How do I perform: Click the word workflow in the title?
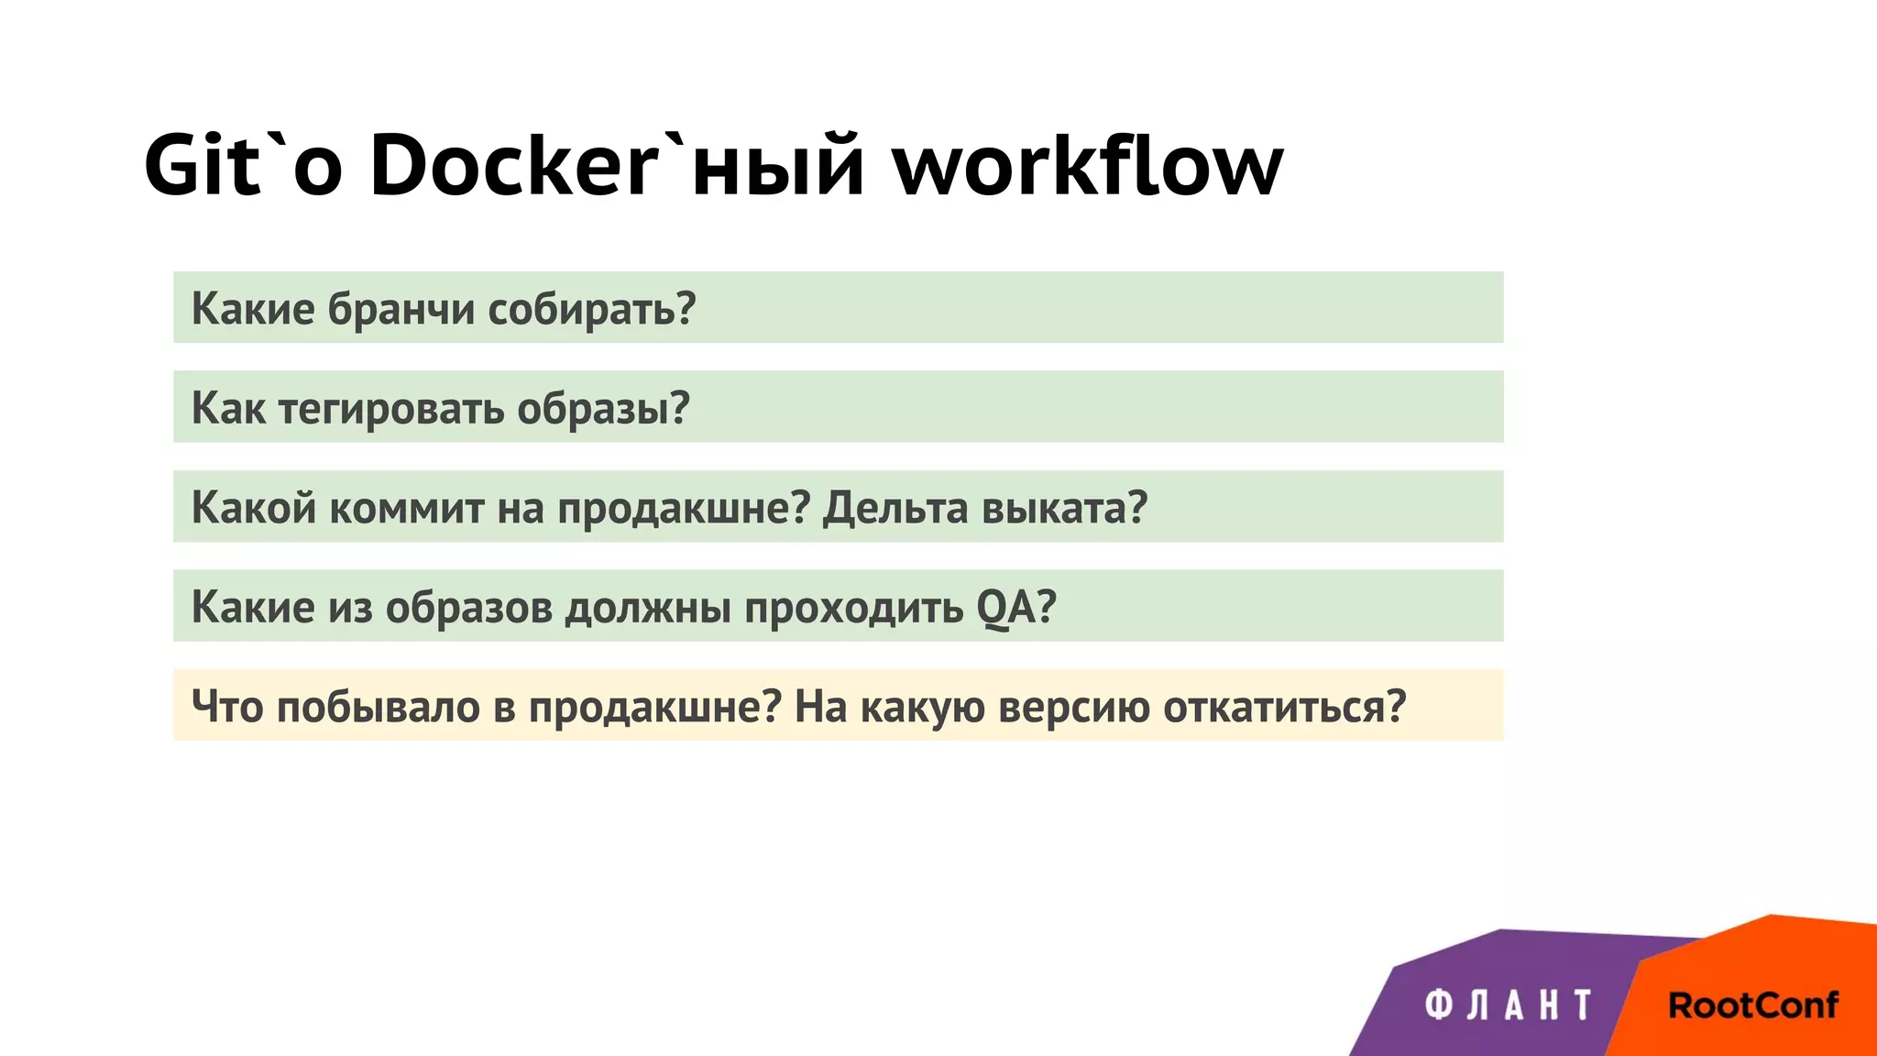point(1088,165)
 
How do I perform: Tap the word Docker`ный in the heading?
point(617,165)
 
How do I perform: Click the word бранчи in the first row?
point(401,309)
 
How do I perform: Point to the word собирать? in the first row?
point(591,309)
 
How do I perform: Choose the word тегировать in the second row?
point(390,409)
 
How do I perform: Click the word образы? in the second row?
point(603,409)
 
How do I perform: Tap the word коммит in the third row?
point(406,508)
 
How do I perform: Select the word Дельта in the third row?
point(895,508)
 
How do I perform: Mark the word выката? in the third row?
point(1064,508)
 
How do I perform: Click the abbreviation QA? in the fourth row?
point(1016,608)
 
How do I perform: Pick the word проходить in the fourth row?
point(853,608)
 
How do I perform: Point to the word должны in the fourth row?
point(647,608)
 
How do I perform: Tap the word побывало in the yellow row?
point(378,707)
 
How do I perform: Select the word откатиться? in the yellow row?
point(1284,707)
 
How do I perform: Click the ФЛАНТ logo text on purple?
point(1509,1006)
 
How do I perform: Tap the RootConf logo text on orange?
point(1752,1006)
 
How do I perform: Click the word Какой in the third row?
point(253,508)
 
